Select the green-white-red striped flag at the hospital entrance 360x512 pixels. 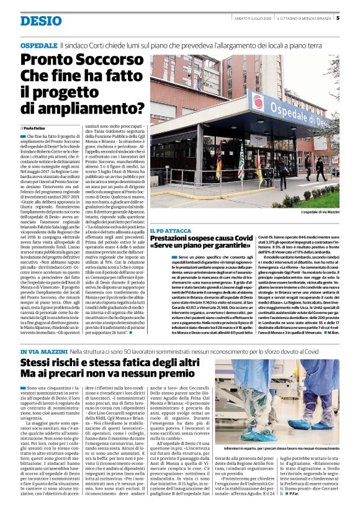click(257, 167)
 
